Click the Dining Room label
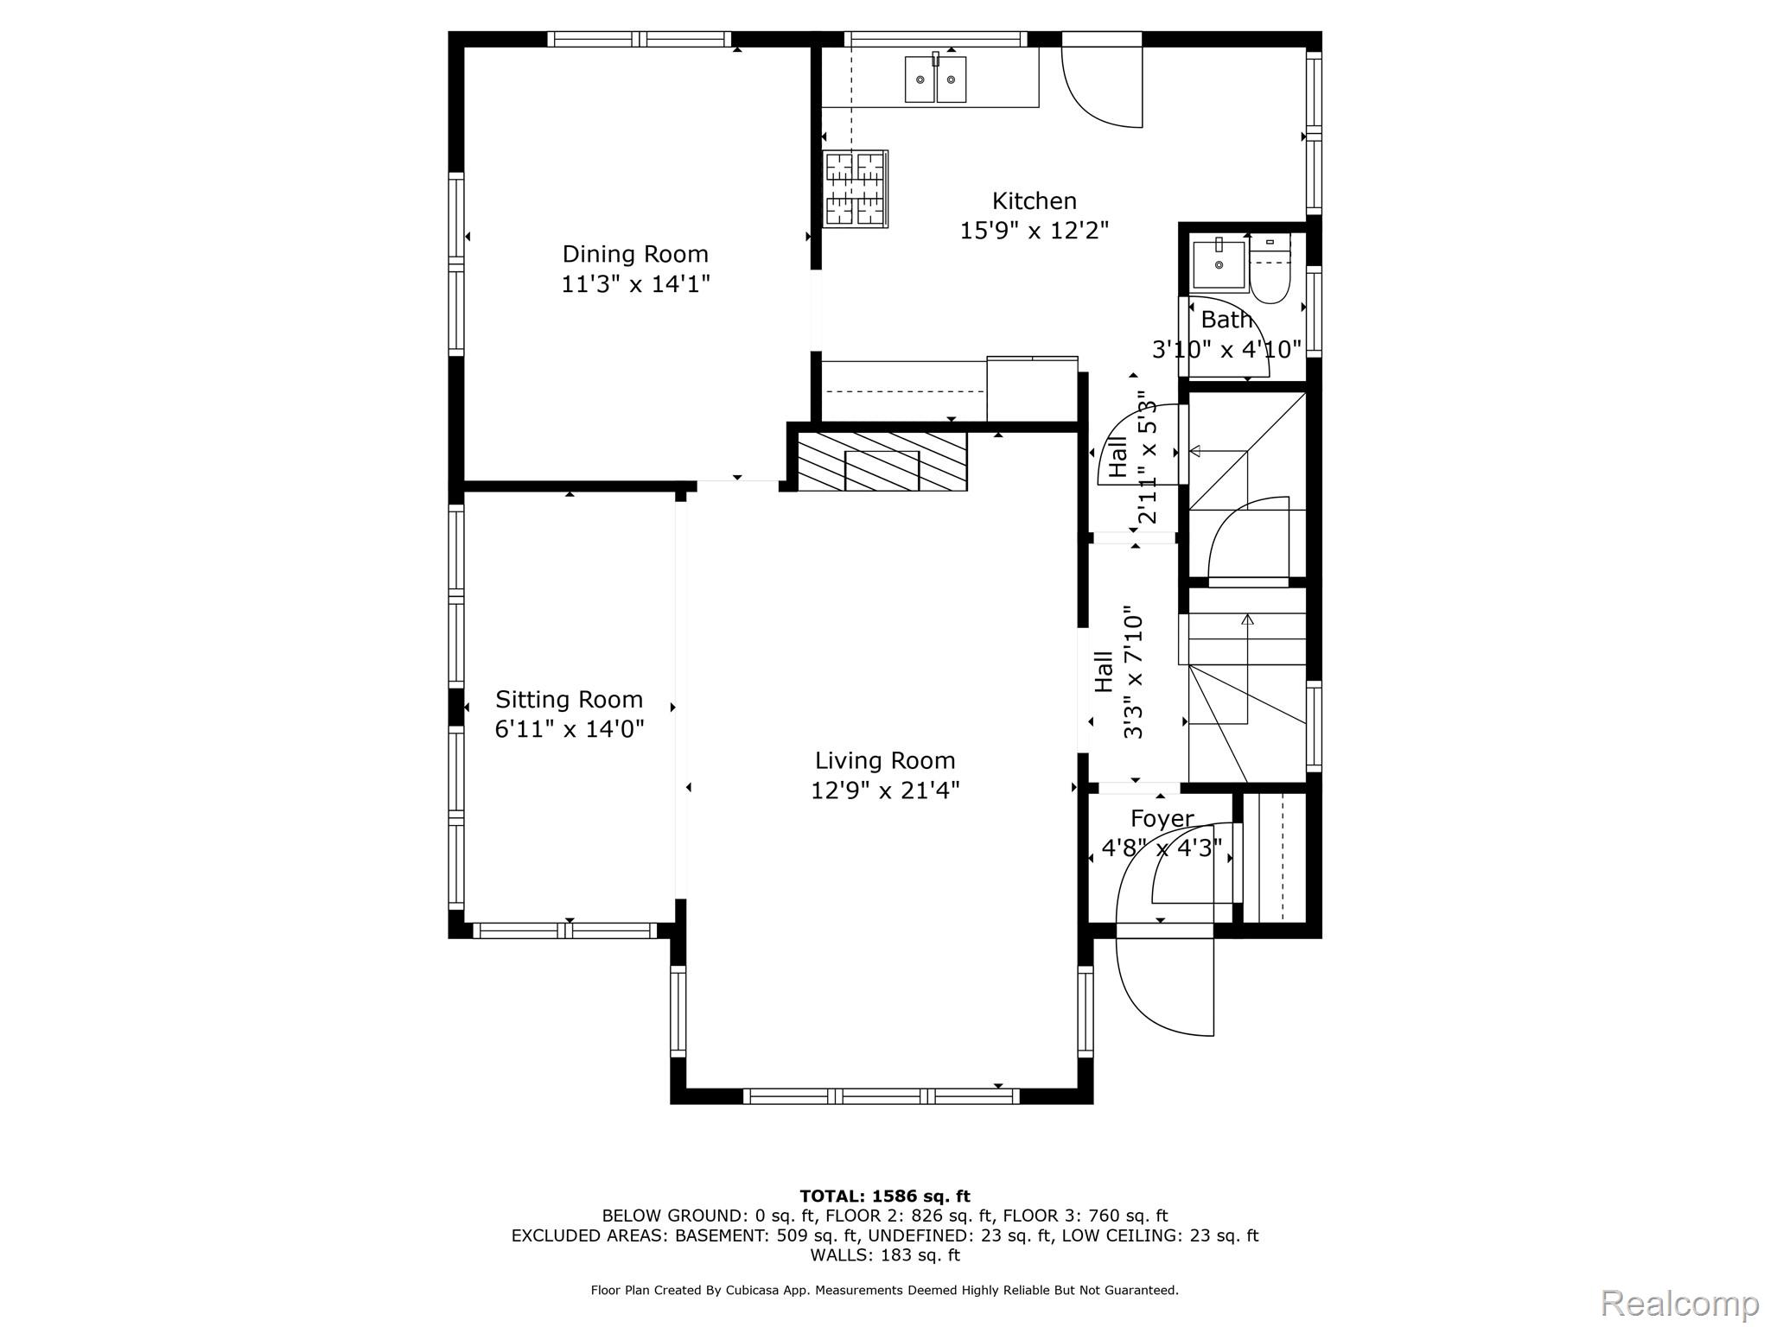pos(635,254)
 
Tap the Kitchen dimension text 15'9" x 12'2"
pos(1035,231)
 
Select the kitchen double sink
pos(935,79)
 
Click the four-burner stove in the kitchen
pos(856,189)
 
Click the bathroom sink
pos(1219,263)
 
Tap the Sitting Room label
pos(570,699)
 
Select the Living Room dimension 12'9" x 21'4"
pos(885,790)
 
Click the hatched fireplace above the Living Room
pos(882,461)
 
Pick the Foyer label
pos(1162,818)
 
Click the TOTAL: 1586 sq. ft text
pos(885,1197)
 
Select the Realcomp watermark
pos(1679,1303)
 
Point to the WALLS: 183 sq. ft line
pos(885,1255)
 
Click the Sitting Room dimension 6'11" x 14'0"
pos(570,729)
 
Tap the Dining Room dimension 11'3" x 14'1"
pos(635,284)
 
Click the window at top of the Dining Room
pos(639,39)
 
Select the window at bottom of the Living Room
pos(882,1096)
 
